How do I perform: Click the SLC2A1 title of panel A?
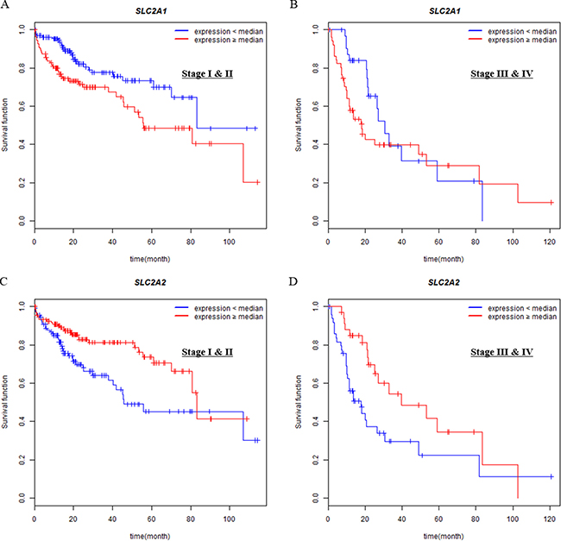(149, 9)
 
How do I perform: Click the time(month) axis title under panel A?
(149, 258)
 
